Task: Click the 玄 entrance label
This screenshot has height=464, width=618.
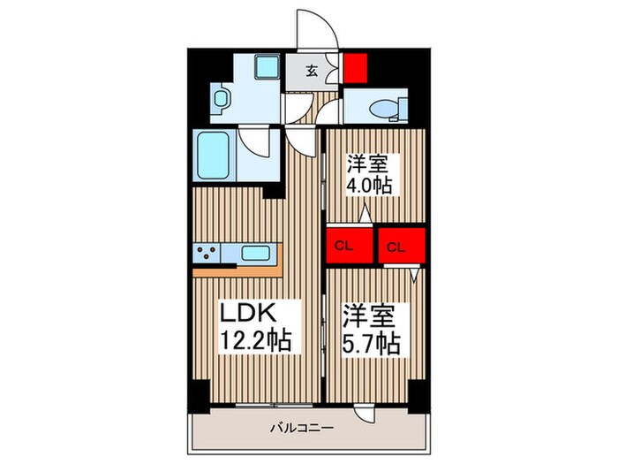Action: click(x=312, y=72)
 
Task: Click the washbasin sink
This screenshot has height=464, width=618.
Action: click(x=221, y=97)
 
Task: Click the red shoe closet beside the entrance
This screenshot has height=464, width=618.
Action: click(x=355, y=67)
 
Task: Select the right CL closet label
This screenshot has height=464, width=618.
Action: click(x=399, y=247)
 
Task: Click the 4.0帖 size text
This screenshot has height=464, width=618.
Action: click(x=369, y=186)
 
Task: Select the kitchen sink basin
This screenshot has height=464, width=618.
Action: click(x=257, y=254)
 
